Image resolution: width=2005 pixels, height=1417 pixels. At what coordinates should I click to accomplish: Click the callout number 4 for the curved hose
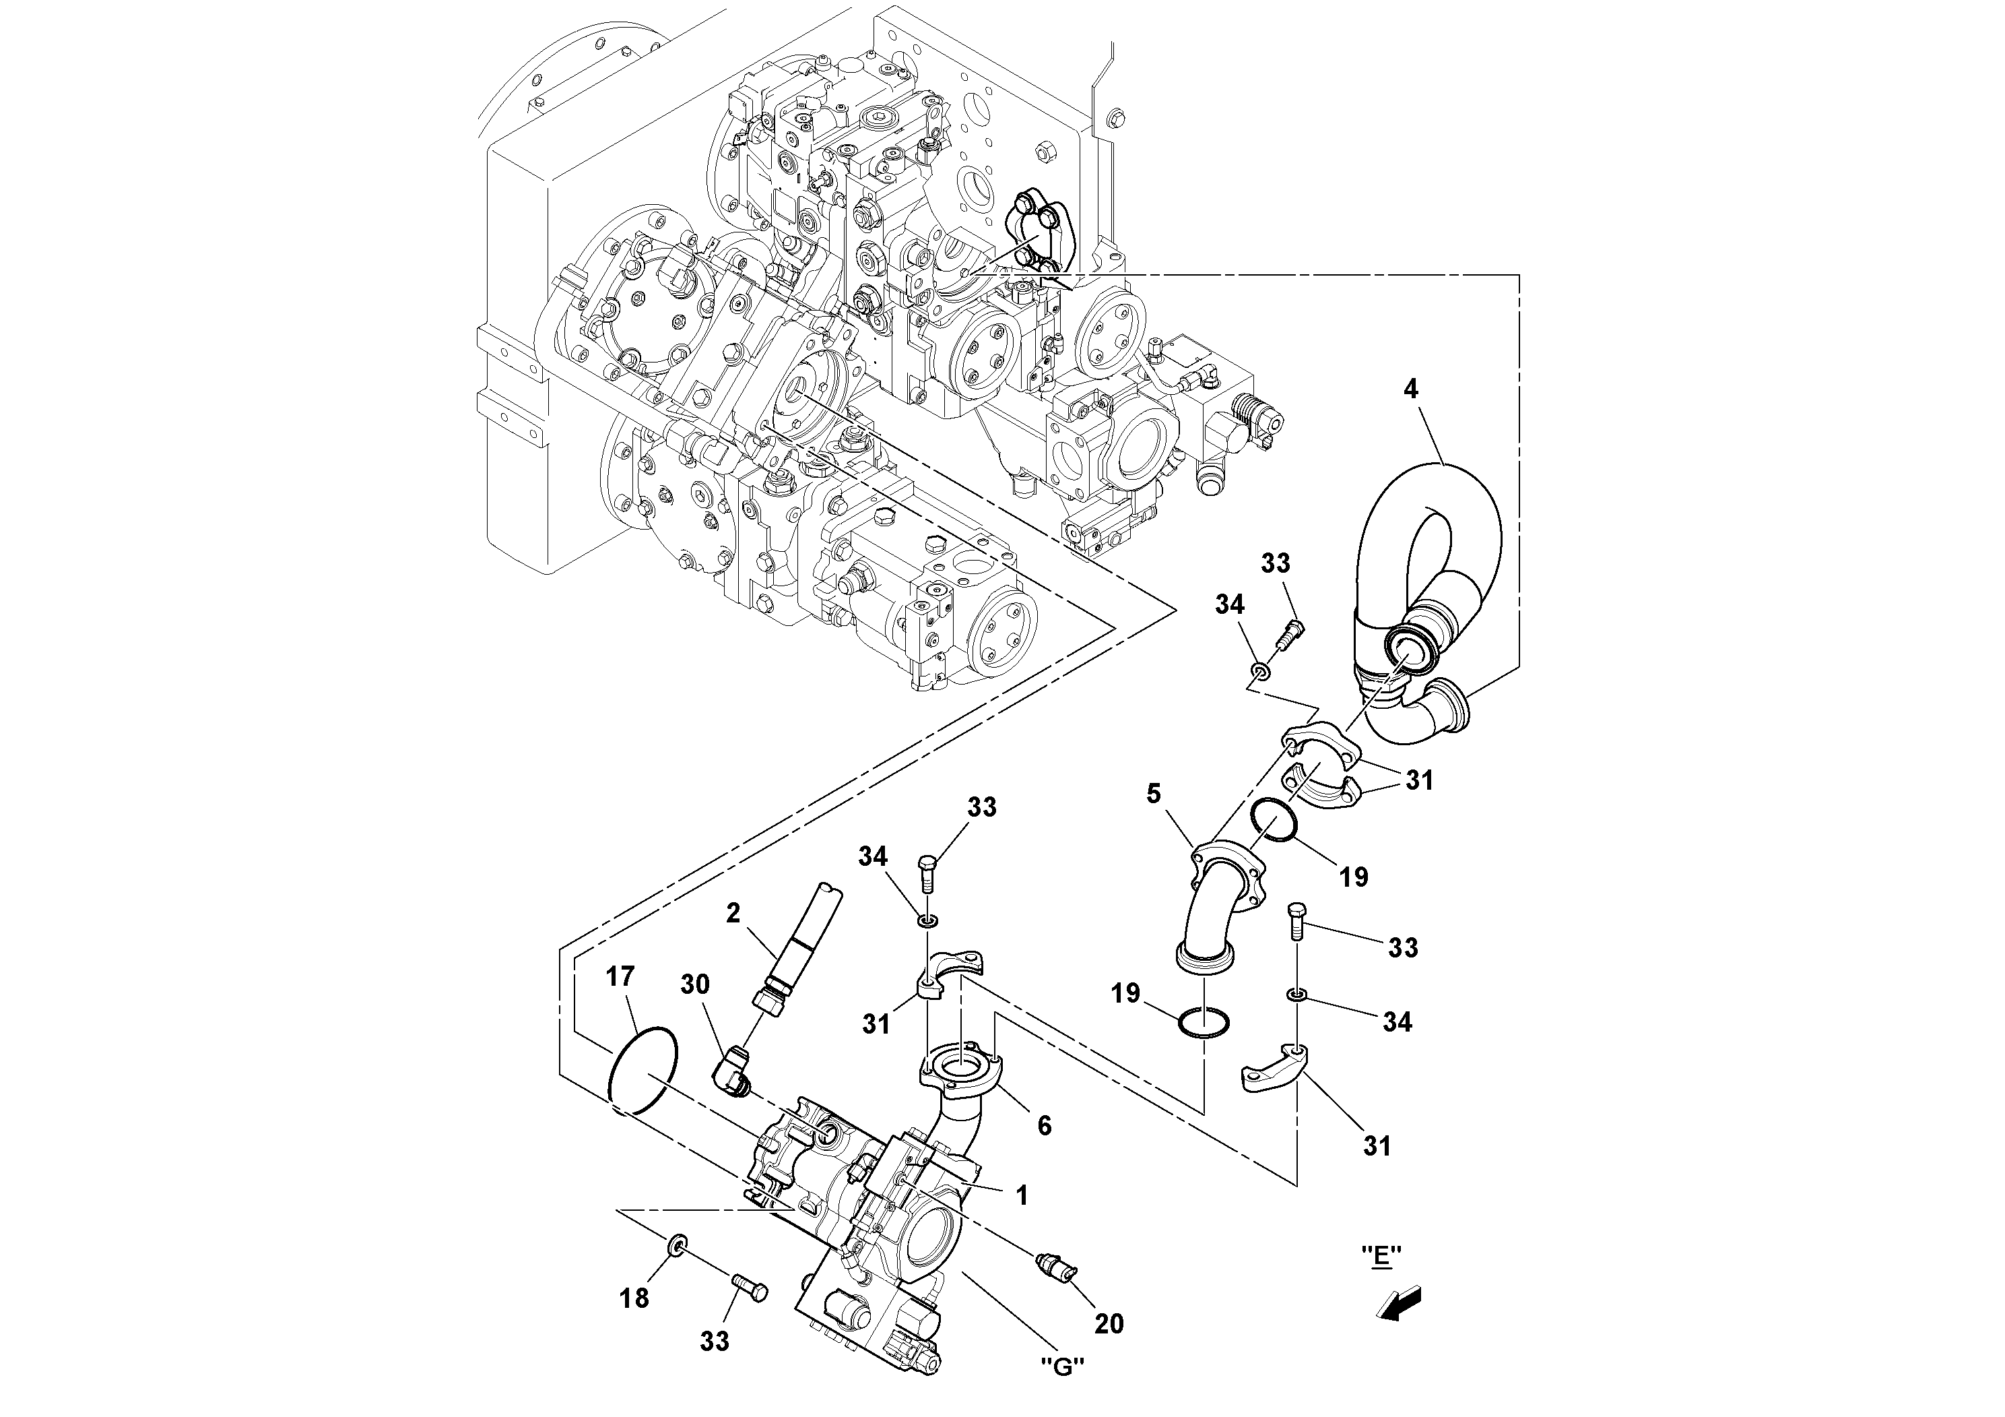tap(1411, 389)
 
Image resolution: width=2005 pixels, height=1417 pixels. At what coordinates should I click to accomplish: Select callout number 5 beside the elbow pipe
tap(1154, 794)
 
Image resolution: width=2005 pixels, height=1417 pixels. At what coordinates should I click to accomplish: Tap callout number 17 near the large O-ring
tap(620, 977)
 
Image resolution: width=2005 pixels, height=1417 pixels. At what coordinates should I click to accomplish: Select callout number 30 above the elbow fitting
tap(695, 984)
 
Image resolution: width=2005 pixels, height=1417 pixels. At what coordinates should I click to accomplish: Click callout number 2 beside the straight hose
tap(733, 914)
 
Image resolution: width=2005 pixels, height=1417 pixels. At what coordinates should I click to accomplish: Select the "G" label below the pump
tap(1063, 1367)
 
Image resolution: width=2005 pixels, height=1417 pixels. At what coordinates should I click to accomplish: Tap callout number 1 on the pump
tap(1022, 1196)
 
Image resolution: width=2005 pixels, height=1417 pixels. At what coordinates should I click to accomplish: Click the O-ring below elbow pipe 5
tap(1204, 1022)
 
